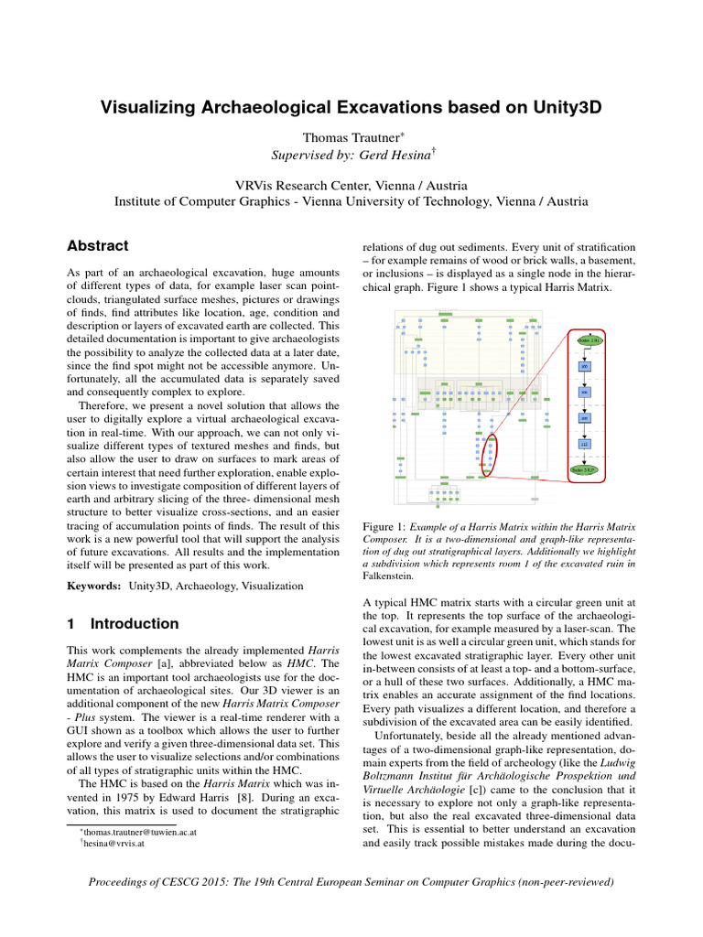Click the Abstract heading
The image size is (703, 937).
click(98, 246)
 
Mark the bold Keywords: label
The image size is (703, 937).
click(95, 585)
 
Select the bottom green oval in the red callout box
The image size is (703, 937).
click(585, 470)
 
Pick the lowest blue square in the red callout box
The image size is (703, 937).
click(585, 444)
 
